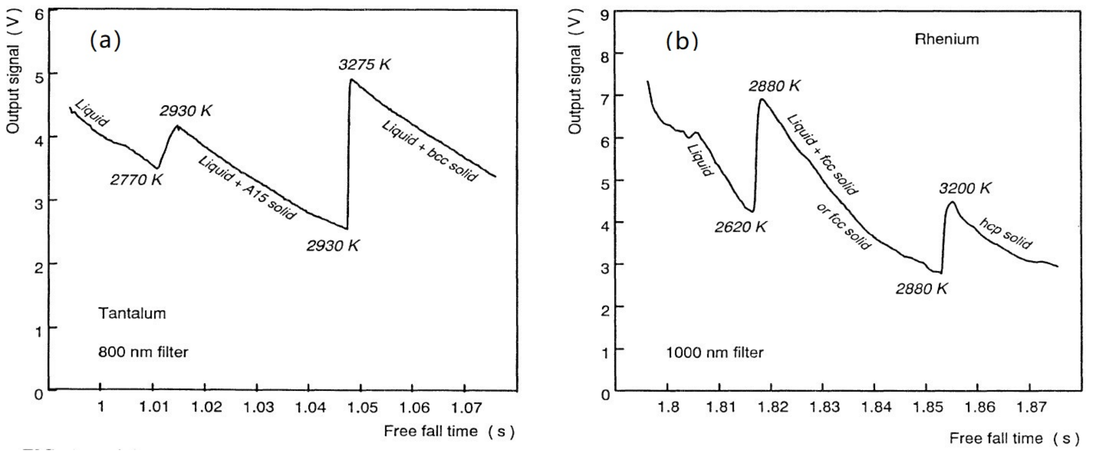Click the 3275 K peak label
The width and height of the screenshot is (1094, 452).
364,65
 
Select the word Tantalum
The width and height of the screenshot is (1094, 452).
132,313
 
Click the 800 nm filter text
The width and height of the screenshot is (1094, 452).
143,352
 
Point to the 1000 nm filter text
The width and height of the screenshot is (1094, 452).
714,352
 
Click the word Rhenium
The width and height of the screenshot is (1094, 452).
947,39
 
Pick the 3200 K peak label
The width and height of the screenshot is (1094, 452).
965,188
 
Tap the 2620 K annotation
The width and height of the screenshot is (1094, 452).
740,227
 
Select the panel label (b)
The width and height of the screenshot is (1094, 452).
682,41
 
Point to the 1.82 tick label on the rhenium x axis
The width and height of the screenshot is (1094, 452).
772,407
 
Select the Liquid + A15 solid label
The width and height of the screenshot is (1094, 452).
247,188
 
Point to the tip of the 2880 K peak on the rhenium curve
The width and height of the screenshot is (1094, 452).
762,99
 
